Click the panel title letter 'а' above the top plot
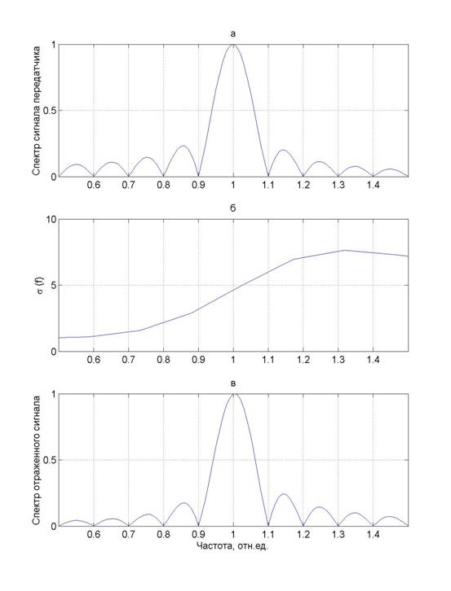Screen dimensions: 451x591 [x=233, y=34]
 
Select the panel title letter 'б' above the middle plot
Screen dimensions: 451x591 [x=233, y=208]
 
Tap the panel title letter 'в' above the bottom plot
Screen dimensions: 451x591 [x=233, y=383]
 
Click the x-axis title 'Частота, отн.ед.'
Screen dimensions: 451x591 [x=232, y=545]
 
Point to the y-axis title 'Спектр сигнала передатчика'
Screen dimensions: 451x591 [x=37, y=111]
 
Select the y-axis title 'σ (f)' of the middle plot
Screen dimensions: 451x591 [x=40, y=285]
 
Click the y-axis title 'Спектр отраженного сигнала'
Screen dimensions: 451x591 [x=37, y=460]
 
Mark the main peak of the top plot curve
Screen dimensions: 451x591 [x=233, y=45]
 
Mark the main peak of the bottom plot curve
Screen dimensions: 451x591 [x=233, y=394]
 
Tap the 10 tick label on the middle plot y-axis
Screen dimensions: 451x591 [x=51, y=219]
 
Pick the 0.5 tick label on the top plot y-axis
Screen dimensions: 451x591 [x=48, y=111]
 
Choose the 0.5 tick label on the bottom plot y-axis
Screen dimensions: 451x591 [x=48, y=460]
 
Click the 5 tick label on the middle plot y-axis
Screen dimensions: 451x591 [x=53, y=285]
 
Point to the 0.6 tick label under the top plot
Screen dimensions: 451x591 [x=94, y=185]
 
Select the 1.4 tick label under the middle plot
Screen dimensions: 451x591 [x=374, y=360]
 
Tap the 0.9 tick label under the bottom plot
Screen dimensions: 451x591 [x=198, y=534]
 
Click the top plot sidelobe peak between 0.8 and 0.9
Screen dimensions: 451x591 [x=183, y=146]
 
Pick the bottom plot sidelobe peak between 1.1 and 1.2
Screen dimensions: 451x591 [x=283, y=494]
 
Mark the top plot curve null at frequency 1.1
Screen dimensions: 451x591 [x=268, y=176]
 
